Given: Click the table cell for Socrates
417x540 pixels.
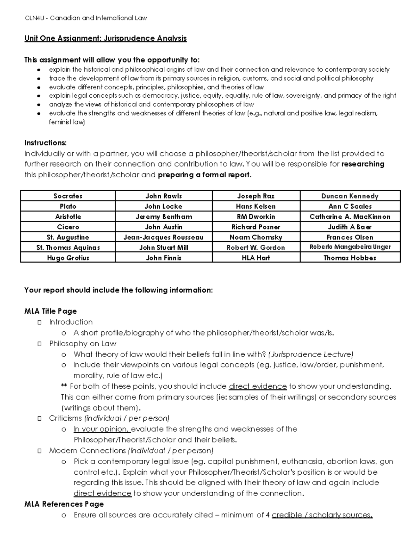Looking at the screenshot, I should [x=68, y=196].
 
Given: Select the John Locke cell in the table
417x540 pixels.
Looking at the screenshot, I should [x=163, y=206].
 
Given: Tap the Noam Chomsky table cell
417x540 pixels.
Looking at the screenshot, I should [x=256, y=237].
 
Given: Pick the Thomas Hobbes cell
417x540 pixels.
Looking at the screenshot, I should [x=350, y=258].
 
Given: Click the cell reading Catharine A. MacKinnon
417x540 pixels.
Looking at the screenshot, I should [x=350, y=217].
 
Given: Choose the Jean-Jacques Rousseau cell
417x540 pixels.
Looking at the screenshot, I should [x=163, y=237].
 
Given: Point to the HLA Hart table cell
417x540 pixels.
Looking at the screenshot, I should [x=256, y=258].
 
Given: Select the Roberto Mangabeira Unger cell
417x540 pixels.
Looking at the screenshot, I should [x=350, y=247].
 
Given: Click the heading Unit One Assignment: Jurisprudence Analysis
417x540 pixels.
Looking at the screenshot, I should [x=105, y=38].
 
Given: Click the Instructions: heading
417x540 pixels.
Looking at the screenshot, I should [x=45, y=143].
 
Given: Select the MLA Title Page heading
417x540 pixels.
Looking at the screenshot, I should [x=50, y=311].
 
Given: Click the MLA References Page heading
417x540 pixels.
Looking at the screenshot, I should [x=64, y=504].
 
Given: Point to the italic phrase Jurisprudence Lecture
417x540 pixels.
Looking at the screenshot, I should [x=311, y=354].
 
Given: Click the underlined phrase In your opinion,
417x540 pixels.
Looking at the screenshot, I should [x=101, y=429].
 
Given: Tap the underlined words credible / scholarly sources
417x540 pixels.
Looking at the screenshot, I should [x=322, y=515].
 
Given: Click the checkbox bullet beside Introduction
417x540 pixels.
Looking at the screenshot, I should [x=40, y=322].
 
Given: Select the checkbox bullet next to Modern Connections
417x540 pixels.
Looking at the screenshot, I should [x=40, y=451].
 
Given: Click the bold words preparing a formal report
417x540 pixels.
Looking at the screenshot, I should [x=204, y=175].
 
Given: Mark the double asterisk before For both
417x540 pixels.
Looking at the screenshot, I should [x=64, y=386].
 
